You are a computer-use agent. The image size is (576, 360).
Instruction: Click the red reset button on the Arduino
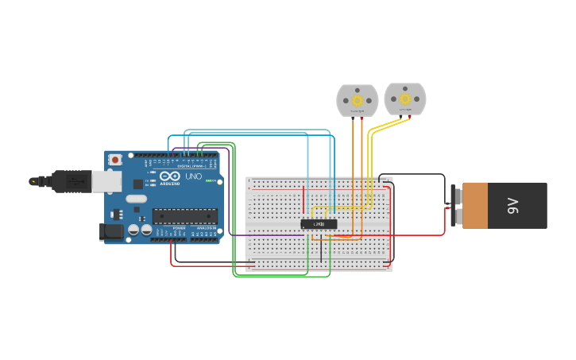point(115,160)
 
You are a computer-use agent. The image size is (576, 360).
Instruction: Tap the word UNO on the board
point(193,176)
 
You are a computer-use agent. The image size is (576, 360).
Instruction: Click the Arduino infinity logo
point(169,176)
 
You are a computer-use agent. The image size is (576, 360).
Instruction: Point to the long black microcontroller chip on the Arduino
point(184,215)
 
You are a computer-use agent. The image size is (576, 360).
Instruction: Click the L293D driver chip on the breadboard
point(319,224)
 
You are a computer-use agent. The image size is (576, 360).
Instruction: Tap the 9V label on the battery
point(512,206)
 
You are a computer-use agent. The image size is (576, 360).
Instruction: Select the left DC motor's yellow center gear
point(357,100)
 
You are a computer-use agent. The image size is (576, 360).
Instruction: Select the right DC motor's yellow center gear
point(405,99)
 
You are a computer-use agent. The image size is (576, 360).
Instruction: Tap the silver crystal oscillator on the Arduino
point(136,199)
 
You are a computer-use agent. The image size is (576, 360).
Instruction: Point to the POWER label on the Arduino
point(179,229)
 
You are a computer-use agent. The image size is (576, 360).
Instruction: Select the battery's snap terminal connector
point(455,206)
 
